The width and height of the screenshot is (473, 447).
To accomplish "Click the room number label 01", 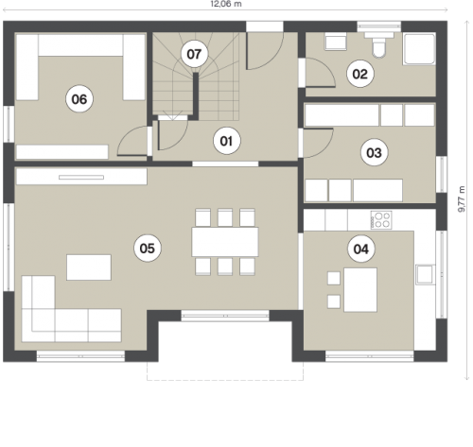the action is tap(227, 141).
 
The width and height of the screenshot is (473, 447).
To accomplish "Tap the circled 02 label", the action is tap(360, 74).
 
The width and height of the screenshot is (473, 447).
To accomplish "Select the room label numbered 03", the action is tap(375, 153).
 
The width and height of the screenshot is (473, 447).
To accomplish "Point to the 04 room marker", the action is tap(361, 249).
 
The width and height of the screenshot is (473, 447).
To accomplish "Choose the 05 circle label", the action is tap(148, 249).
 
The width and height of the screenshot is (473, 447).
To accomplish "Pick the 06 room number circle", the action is tap(79, 99).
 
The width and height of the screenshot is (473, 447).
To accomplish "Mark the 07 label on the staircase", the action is tap(194, 54).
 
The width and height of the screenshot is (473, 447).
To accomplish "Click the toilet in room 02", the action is tap(378, 44).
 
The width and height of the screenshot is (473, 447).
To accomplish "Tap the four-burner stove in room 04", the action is tap(381, 220).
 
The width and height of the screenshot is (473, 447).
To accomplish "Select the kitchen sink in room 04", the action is tap(426, 275).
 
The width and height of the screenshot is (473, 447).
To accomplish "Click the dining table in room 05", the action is tap(225, 242).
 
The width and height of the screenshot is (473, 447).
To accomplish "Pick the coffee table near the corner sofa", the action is tap(89, 267).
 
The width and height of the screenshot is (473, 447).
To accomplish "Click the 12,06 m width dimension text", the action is tap(226, 4).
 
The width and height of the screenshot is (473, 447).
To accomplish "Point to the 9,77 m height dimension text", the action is tap(462, 198).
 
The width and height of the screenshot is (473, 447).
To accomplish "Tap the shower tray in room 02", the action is tap(419, 49).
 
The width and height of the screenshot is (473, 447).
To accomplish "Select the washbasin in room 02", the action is tap(336, 42).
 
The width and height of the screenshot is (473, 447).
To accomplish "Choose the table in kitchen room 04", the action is tap(360, 290).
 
